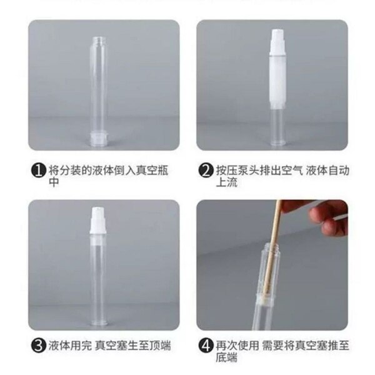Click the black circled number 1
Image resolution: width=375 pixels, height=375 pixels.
(x=38, y=171)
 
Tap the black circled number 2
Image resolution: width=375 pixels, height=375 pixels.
(x=206, y=171)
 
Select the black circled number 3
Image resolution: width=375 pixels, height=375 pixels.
(x=38, y=346)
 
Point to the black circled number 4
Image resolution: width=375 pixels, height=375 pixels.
(x=206, y=346)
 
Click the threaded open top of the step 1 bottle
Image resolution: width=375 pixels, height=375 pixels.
(x=98, y=41)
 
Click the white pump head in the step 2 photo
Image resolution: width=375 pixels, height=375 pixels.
(x=277, y=42)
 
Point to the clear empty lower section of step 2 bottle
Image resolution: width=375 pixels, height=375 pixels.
(x=277, y=127)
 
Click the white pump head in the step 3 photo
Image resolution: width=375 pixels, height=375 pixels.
(x=98, y=220)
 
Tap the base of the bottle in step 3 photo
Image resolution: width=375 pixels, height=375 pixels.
(x=98, y=323)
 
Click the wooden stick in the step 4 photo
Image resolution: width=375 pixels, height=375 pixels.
(x=272, y=251)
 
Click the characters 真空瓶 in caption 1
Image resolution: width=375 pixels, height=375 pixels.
(x=152, y=171)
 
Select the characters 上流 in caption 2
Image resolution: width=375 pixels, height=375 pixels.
(x=227, y=182)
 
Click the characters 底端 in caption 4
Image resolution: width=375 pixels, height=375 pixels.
(x=227, y=357)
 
